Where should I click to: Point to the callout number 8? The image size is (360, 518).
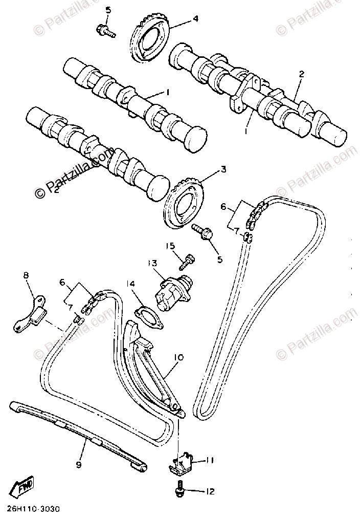26,276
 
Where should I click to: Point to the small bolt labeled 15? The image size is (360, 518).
187,260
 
